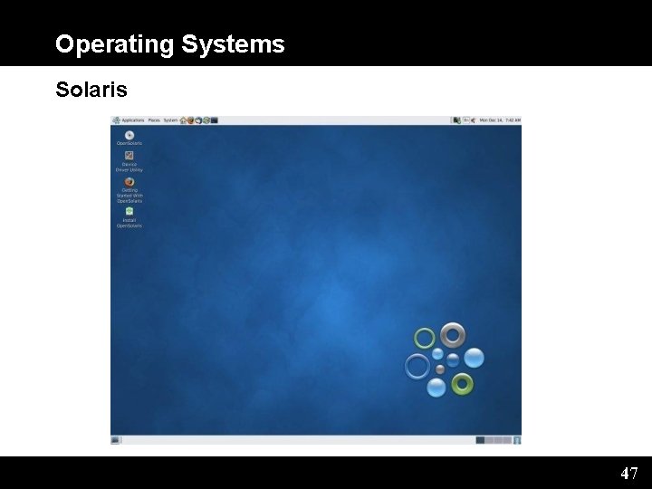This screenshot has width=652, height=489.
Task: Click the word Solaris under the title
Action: click(x=91, y=90)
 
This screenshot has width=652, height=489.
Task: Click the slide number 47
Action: click(x=628, y=473)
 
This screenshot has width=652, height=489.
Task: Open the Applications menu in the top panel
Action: click(x=132, y=120)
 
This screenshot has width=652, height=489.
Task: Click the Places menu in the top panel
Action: click(x=154, y=120)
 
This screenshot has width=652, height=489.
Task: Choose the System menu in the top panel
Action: click(x=170, y=120)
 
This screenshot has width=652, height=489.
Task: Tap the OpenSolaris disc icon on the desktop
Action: click(x=129, y=135)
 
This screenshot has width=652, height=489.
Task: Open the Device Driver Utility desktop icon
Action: click(x=129, y=156)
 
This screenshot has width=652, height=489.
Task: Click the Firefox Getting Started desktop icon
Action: click(x=129, y=181)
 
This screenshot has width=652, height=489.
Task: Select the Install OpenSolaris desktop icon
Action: click(x=129, y=211)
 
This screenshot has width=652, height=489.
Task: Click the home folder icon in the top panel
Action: click(x=184, y=120)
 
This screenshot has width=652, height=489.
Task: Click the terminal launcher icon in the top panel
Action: click(x=215, y=120)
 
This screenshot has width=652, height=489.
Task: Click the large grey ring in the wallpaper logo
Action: click(x=453, y=334)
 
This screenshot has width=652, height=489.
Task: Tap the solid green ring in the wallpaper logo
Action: click(x=462, y=384)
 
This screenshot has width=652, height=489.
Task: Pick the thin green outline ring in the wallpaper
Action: click(x=425, y=339)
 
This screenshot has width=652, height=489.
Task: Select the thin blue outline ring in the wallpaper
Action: click(x=417, y=366)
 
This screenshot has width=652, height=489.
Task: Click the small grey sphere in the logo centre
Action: click(x=440, y=369)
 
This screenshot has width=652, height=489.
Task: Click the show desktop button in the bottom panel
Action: click(x=116, y=440)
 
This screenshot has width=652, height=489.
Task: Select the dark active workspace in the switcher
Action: click(x=480, y=440)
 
